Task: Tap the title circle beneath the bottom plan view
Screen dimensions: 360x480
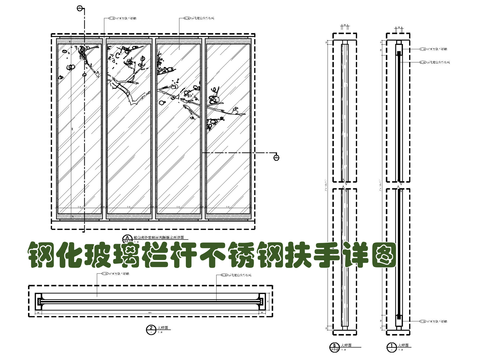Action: [x=150, y=328]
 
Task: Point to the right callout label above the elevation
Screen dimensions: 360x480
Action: [x=201, y=19]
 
